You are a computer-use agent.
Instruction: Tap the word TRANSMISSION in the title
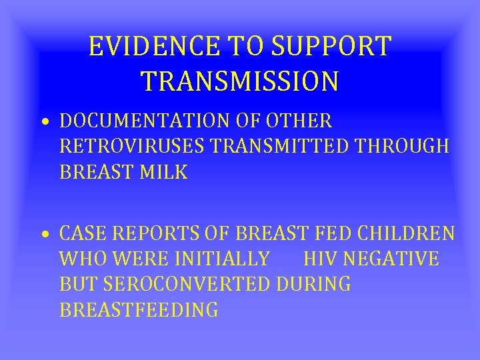[x=240, y=81]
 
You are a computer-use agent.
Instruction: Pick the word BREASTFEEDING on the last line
[x=139, y=309]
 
